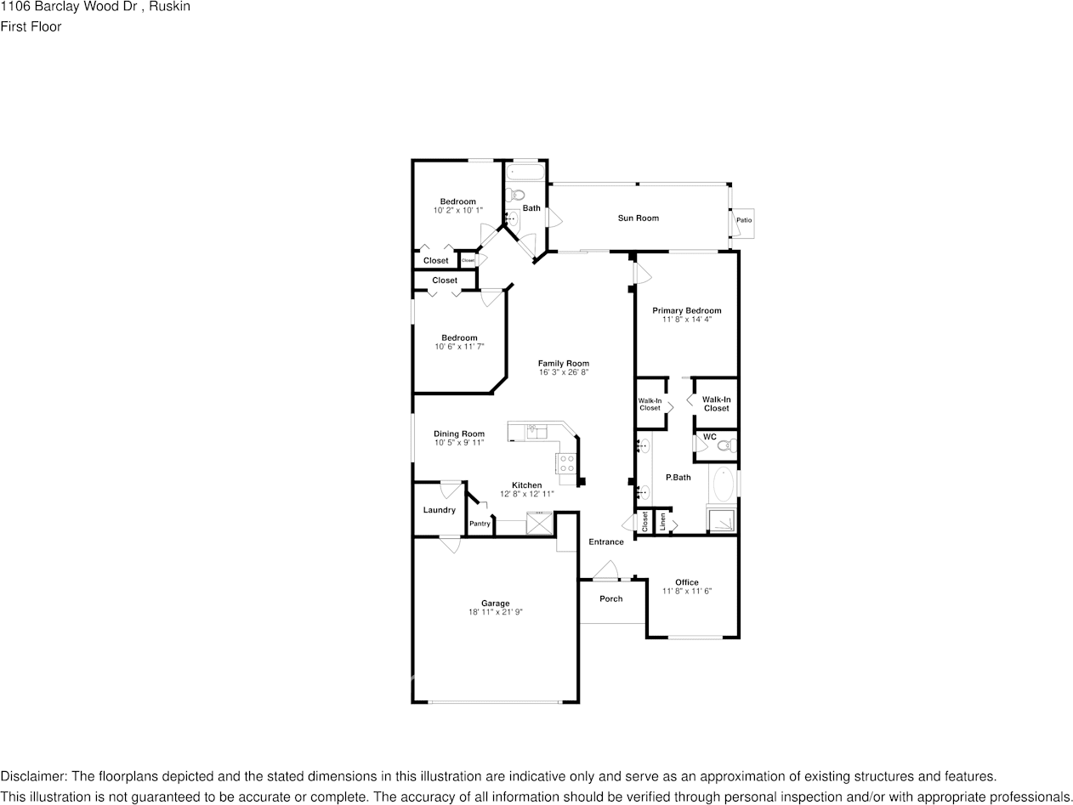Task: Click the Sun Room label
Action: [638, 218]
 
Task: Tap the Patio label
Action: [744, 220]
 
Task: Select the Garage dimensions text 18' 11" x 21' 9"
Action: [495, 612]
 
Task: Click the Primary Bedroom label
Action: [686, 310]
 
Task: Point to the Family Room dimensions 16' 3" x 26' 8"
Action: [563, 372]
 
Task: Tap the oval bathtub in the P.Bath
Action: [723, 485]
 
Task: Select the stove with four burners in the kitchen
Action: [566, 463]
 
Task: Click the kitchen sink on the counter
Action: [536, 431]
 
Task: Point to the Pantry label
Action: [480, 524]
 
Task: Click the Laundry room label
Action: [439, 510]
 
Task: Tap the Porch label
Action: [610, 598]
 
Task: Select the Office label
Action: [686, 582]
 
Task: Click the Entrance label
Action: [605, 541]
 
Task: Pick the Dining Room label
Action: [458, 434]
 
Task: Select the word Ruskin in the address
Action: [171, 7]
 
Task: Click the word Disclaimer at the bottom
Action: [32, 776]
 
